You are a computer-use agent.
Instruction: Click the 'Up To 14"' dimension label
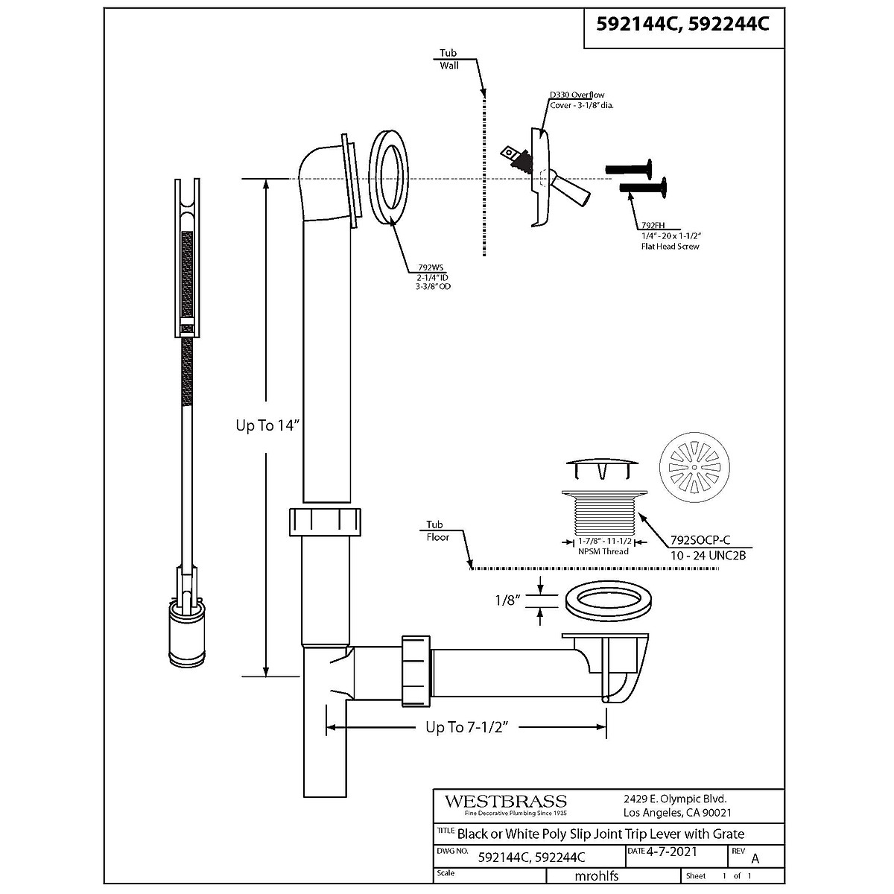pyautogui.click(x=267, y=426)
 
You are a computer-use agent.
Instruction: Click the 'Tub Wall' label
pyautogui.click(x=448, y=59)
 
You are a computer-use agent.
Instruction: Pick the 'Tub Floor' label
pyautogui.click(x=437, y=530)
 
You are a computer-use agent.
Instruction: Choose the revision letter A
pyautogui.click(x=756, y=857)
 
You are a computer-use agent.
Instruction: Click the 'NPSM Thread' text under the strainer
pyautogui.click(x=603, y=551)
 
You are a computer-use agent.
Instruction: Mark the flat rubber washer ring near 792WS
pyautogui.click(x=390, y=177)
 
